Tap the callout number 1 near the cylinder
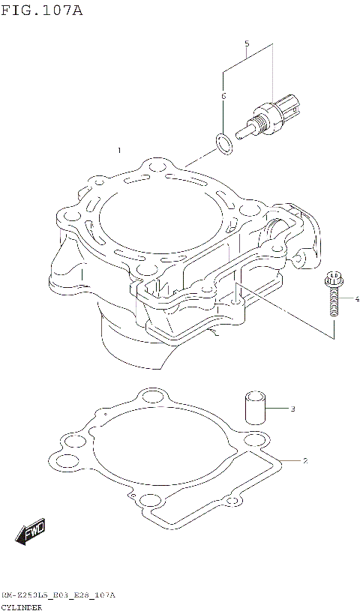click(118, 151)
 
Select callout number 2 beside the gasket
click(305, 460)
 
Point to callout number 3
click(292, 409)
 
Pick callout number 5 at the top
click(246, 43)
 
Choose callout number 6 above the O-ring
click(223, 96)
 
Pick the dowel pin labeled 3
click(253, 407)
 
